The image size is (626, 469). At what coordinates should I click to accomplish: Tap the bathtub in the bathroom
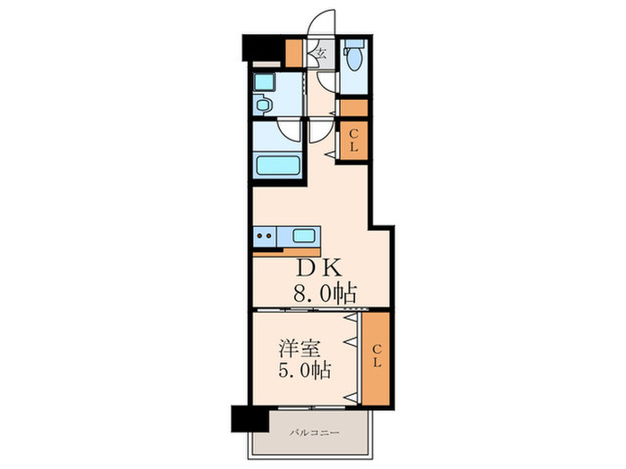pyautogui.click(x=278, y=165)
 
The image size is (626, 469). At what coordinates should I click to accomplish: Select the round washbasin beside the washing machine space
pyautogui.click(x=263, y=105)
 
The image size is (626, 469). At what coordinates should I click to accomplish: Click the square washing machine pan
pyautogui.click(x=265, y=82)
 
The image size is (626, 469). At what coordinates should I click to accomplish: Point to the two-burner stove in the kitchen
pyautogui.click(x=265, y=237)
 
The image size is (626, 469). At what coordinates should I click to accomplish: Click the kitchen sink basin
pyautogui.click(x=304, y=236)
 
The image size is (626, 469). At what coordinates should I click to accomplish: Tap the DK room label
pyautogui.click(x=318, y=268)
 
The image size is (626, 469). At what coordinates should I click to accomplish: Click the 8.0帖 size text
pyautogui.click(x=325, y=294)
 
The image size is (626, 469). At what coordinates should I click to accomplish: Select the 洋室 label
pyautogui.click(x=300, y=349)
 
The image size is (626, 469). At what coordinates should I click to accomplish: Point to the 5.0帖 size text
pyautogui.click(x=305, y=371)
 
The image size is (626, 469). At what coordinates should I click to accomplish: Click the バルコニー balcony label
pyautogui.click(x=315, y=432)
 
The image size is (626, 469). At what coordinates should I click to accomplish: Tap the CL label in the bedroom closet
pyautogui.click(x=376, y=356)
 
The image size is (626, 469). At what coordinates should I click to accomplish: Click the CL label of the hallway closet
pyautogui.click(x=353, y=141)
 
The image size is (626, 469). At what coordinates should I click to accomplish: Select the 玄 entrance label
pyautogui.click(x=322, y=53)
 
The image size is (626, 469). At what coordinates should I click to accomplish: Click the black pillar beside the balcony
pyautogui.click(x=250, y=419)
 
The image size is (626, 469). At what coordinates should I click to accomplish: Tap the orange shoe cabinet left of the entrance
pyautogui.click(x=294, y=54)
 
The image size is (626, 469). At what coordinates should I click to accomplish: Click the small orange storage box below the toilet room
pyautogui.click(x=354, y=108)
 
